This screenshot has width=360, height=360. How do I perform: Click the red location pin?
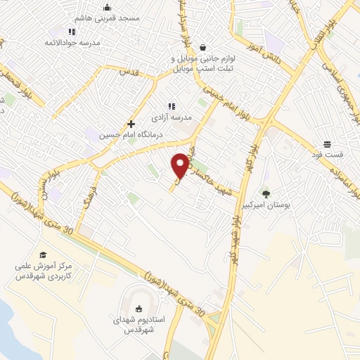180,165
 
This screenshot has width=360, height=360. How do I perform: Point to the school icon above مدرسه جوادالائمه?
72,32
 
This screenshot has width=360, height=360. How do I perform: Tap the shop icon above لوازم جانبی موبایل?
203,47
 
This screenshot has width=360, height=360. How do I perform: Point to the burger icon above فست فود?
328,143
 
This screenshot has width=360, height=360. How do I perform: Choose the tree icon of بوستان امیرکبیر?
266,193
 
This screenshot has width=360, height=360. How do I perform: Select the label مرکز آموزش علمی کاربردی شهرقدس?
42,271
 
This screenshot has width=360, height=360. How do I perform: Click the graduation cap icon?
43,255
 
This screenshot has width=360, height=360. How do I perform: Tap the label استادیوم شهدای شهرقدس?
139,324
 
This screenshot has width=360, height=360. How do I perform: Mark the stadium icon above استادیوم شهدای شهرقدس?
139,307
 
